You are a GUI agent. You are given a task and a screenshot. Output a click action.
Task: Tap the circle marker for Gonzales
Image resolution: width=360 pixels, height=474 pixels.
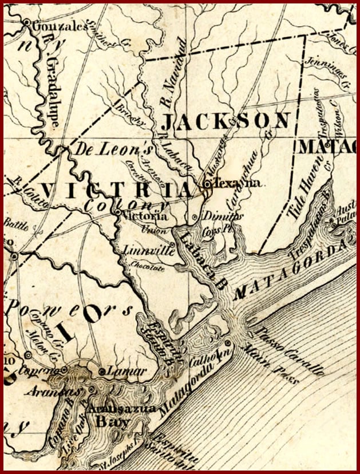point(27,22)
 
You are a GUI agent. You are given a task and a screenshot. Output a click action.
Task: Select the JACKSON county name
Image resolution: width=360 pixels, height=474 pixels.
point(226,122)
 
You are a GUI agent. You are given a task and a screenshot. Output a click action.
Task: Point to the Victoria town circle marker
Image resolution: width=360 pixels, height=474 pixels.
point(117,214)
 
